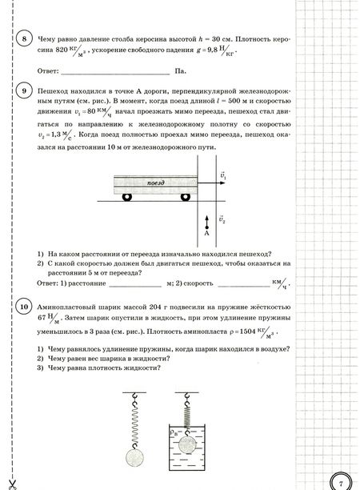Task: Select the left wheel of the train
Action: point(126,199)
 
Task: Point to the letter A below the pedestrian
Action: point(206,235)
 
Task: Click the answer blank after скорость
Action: point(240,283)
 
